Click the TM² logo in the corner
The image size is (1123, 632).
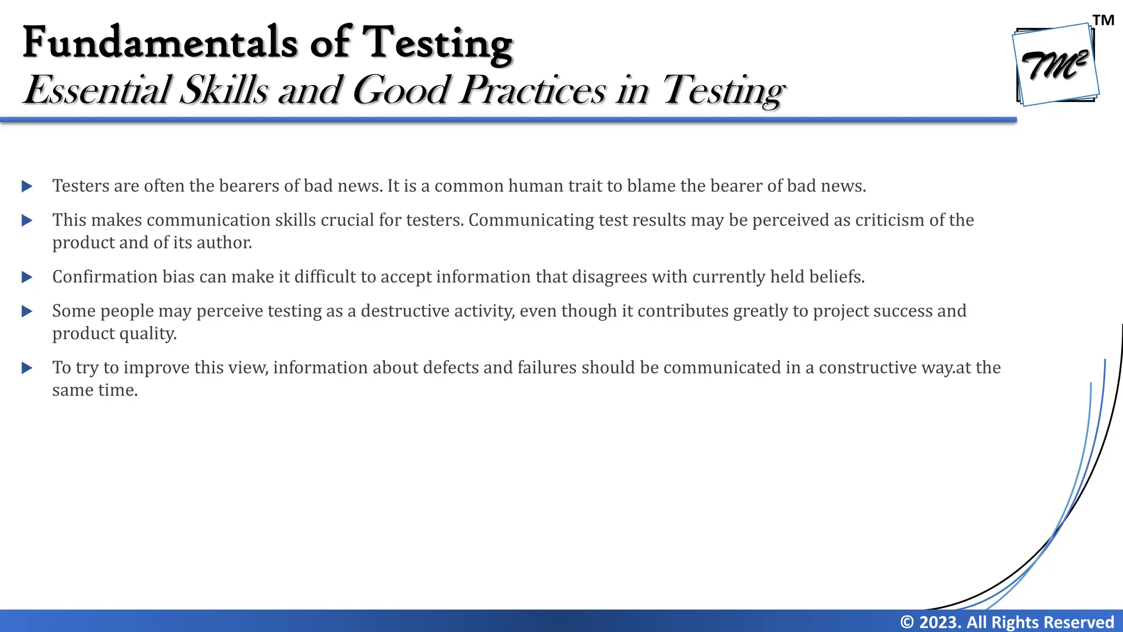point(1055,65)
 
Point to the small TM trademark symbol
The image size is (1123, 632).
point(1103,21)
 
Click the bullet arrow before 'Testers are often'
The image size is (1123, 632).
point(27,187)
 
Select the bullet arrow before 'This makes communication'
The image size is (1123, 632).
point(27,221)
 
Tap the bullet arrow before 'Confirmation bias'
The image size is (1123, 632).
point(27,277)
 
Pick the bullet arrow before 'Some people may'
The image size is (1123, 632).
point(27,312)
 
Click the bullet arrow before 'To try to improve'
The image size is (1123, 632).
point(27,368)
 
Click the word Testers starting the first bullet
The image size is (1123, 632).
point(81,186)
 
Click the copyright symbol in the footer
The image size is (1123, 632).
point(907,622)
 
